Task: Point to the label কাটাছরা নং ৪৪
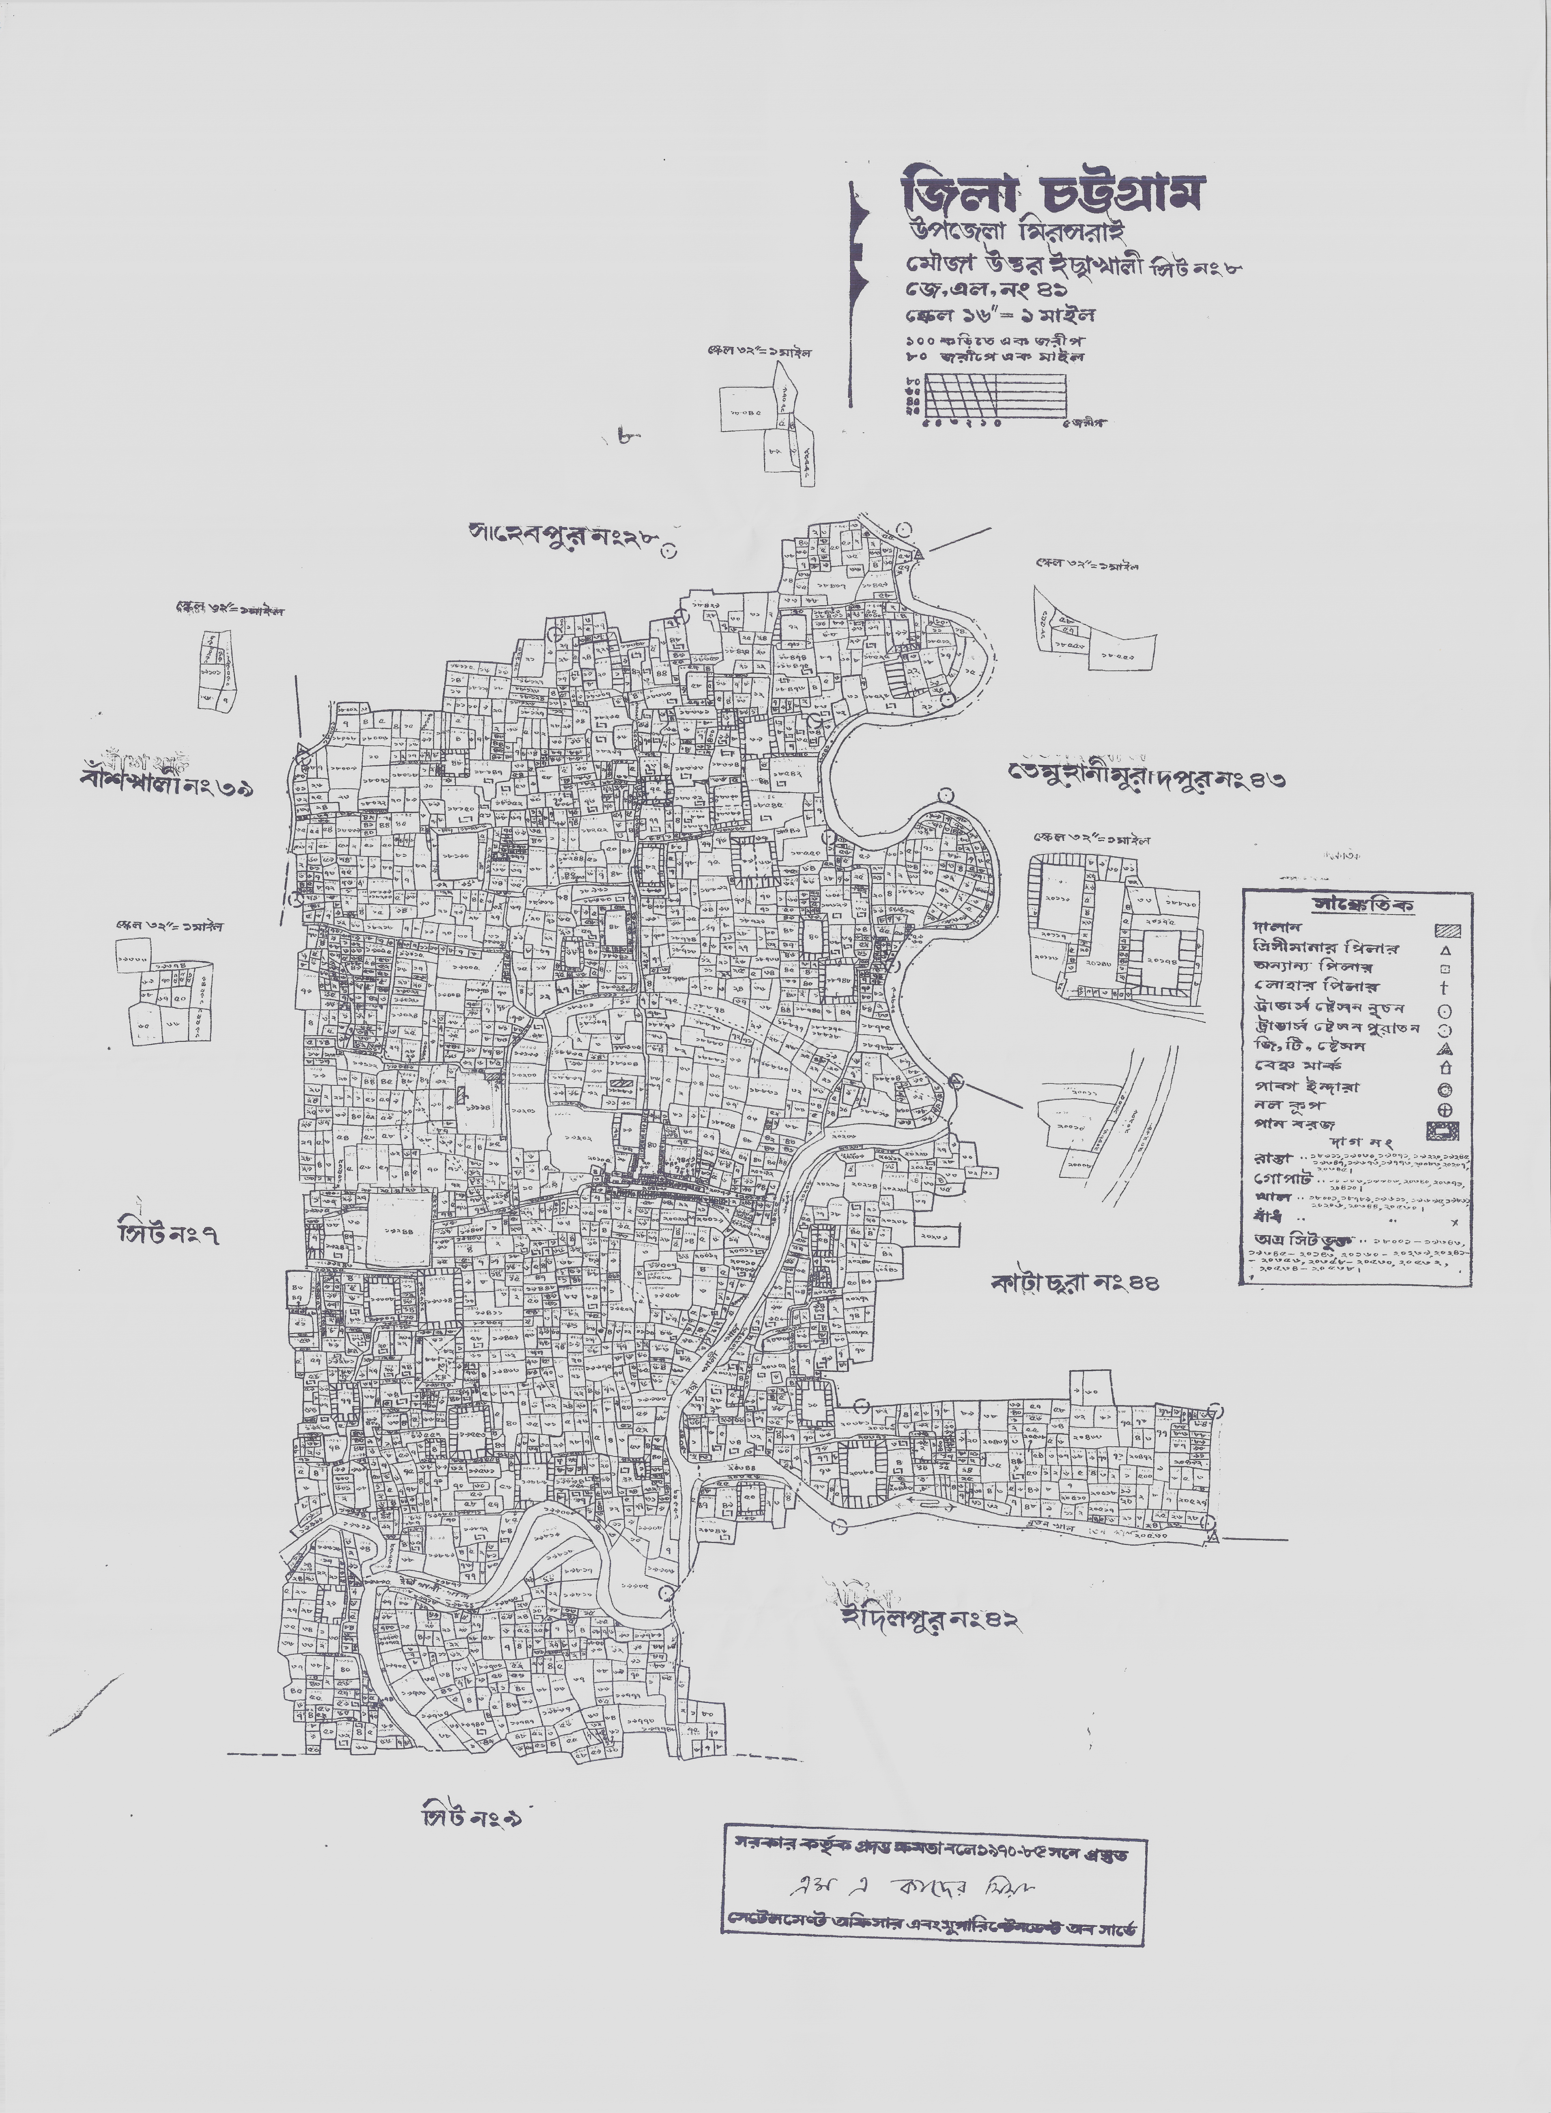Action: tap(1075, 1282)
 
